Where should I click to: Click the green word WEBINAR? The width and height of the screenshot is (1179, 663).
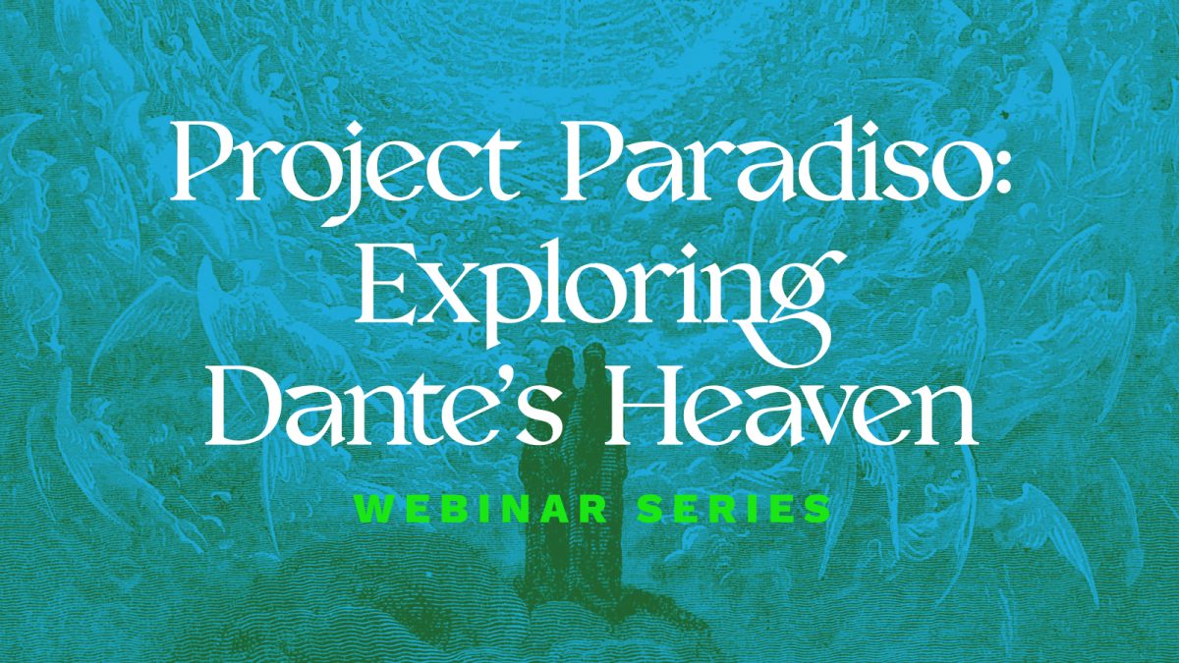pos(481,509)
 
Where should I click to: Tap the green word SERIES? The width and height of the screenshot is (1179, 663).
pos(733,509)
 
